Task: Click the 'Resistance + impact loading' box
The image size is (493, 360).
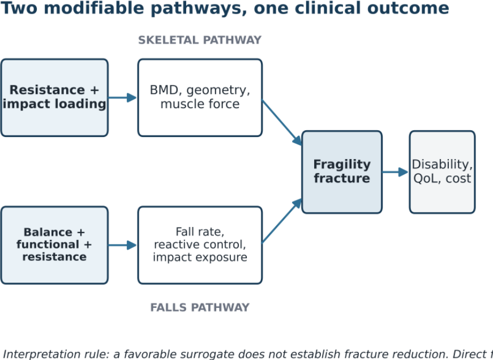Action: tap(54, 97)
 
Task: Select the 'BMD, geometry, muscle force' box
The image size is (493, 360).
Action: tap(200, 97)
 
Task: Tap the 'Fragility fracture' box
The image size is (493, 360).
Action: tap(342, 172)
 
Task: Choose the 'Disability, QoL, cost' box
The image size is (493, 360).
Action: tap(442, 172)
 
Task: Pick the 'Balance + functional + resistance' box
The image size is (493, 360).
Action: tap(54, 245)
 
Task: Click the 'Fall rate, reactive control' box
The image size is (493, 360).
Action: tap(200, 245)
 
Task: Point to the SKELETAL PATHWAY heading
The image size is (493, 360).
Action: tap(200, 40)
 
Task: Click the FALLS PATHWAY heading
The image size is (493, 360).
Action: tap(200, 307)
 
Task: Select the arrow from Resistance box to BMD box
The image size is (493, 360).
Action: tap(123, 97)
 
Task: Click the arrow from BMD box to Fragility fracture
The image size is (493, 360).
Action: tap(282, 123)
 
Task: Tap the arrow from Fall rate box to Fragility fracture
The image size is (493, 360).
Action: tap(282, 221)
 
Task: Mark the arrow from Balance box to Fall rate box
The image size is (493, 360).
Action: tap(123, 245)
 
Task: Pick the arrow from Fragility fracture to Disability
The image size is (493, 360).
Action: tap(396, 172)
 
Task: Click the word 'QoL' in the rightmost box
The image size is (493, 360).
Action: tap(423, 178)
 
